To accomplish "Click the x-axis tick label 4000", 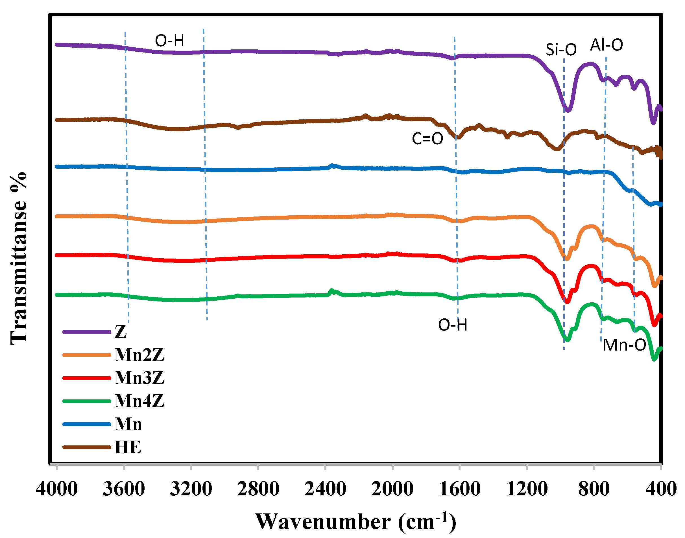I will coord(57,489).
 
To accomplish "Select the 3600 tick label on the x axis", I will coord(124,489).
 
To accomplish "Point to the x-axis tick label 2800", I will coord(258,489).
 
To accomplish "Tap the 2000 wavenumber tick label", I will coord(392,489).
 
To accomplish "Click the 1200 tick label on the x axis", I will coord(527,489).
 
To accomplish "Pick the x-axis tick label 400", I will coord(661,489).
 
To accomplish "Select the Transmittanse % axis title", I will coord(18,258).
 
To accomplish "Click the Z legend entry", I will coord(121,332).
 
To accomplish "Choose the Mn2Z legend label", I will coord(139,355).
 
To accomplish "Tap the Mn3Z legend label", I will coord(139,378).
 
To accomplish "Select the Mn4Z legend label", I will coord(139,401).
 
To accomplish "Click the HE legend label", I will coord(128,447).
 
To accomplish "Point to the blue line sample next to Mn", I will coord(87,424).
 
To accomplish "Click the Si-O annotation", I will coord(561,50).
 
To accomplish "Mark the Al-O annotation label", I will coord(607,45).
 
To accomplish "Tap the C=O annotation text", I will coord(427,139).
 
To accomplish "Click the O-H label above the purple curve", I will coord(169,41).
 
